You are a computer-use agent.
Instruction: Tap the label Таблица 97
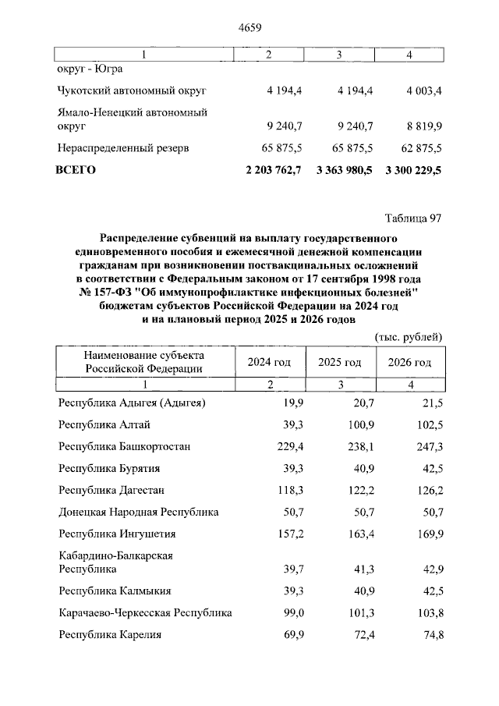click(x=413, y=217)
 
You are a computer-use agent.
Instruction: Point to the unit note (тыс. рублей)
click(x=409, y=336)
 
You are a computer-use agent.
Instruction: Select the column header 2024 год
click(x=269, y=363)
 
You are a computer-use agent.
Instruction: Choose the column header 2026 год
click(x=409, y=363)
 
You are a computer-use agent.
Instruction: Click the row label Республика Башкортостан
click(x=125, y=446)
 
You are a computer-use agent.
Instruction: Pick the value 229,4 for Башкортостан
click(x=287, y=446)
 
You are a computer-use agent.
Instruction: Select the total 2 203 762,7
click(x=273, y=169)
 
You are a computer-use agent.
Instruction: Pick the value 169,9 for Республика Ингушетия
click(x=428, y=534)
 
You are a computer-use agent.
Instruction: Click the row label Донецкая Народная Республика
click(x=139, y=512)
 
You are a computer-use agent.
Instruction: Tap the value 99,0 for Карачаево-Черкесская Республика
click(x=290, y=612)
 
